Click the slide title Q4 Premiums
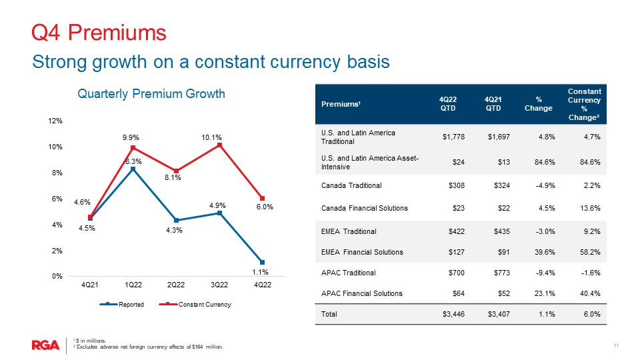click(99, 31)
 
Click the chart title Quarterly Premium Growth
click(151, 94)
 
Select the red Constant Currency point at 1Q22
click(133, 147)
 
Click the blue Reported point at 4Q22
click(263, 262)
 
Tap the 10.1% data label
click(212, 137)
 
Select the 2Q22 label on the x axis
click(176, 285)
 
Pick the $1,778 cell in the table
click(453, 137)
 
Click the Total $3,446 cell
click(453, 314)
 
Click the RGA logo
click(46, 345)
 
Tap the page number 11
click(616, 345)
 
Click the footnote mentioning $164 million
click(147, 347)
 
